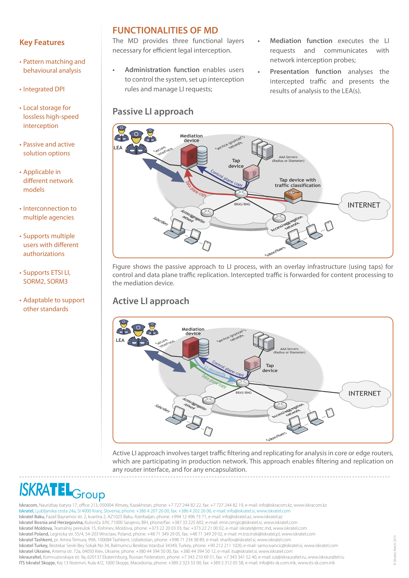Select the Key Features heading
click(42, 43)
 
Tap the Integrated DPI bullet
click(44, 89)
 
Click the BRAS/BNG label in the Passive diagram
click(242, 204)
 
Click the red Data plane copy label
click(196, 189)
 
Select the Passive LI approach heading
click(153, 112)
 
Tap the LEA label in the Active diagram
click(120, 340)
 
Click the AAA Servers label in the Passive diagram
click(288, 159)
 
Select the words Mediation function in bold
click(301, 41)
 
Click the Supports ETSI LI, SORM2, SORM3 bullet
click(47, 277)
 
